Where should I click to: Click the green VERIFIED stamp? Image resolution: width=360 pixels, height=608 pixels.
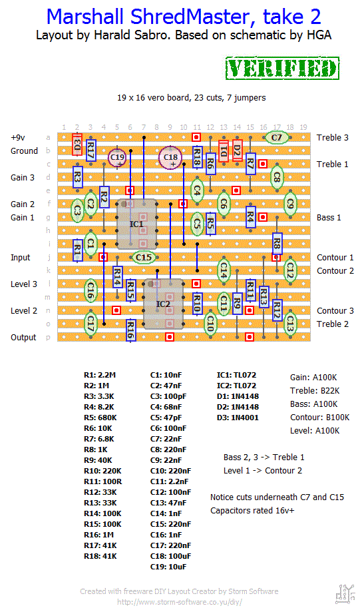[x=282, y=68]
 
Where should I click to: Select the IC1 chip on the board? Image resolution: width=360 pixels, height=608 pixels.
[x=137, y=224]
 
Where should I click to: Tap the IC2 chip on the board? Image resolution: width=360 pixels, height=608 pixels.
[x=163, y=304]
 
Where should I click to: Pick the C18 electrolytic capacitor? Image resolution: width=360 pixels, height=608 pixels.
[x=170, y=157]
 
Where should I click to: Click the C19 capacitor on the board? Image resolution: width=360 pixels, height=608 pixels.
[x=117, y=157]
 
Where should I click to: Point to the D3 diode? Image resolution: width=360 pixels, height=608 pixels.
[x=77, y=145]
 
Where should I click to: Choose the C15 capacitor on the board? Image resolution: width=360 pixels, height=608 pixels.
[x=143, y=257]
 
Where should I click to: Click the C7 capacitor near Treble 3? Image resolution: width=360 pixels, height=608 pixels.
[x=276, y=137]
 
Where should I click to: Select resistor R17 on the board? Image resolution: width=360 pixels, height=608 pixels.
[x=90, y=150]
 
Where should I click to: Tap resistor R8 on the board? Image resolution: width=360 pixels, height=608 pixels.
[x=277, y=244]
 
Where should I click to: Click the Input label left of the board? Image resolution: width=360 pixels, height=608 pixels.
[x=20, y=258]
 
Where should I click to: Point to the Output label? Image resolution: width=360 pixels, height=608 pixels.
[x=23, y=338]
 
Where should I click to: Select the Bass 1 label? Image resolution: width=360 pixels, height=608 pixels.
[x=329, y=218]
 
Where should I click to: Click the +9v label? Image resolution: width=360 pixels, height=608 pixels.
[x=18, y=138]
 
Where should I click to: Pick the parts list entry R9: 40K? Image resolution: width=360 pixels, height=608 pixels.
[x=98, y=460]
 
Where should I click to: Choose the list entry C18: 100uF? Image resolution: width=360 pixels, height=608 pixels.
[x=168, y=556]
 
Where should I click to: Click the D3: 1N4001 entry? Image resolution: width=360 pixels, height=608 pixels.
[x=238, y=418]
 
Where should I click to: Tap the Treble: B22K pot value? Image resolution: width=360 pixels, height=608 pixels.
[x=315, y=391]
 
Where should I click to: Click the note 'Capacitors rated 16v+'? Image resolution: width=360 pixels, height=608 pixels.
[x=252, y=511]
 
